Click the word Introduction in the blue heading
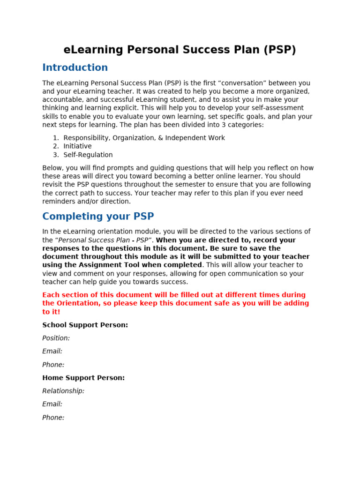pos(75,67)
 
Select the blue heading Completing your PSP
pos(98,217)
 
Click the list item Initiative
pos(77,146)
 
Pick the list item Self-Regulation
pos(88,155)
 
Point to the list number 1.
pos(55,138)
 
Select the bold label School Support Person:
pos(85,325)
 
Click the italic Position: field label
pos(56,338)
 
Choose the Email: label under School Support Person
pos(52,351)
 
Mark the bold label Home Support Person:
pos(83,378)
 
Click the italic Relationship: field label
pos(63,391)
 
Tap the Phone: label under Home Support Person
pos(53,418)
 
